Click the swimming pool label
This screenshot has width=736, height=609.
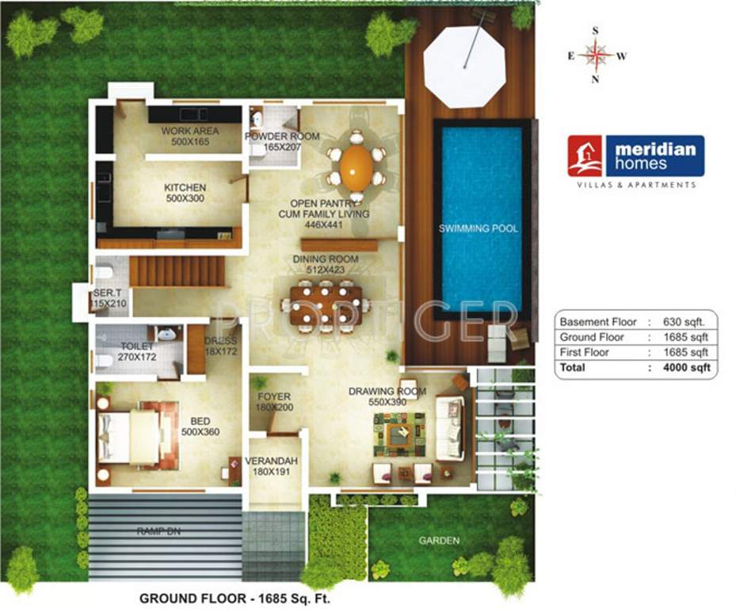pyautogui.click(x=479, y=228)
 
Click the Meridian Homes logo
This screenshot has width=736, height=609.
pyautogui.click(x=635, y=155)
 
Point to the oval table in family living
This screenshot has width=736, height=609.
pyautogui.click(x=357, y=167)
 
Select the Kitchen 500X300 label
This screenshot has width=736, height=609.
pyautogui.click(x=185, y=193)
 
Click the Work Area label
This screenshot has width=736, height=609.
pyautogui.click(x=189, y=136)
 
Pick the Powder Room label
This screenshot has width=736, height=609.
pyautogui.click(x=281, y=141)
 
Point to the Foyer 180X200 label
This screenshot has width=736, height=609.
pyautogui.click(x=275, y=401)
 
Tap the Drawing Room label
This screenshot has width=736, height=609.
pyautogui.click(x=387, y=396)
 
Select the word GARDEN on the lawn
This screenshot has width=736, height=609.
pyautogui.click(x=439, y=541)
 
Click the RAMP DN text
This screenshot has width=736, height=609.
pyautogui.click(x=158, y=531)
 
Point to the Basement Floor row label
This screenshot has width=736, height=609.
pyautogui.click(x=598, y=322)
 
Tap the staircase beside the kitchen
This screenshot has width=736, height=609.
pyautogui.click(x=178, y=271)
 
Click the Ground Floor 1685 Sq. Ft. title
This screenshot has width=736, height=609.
pyautogui.click(x=235, y=598)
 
